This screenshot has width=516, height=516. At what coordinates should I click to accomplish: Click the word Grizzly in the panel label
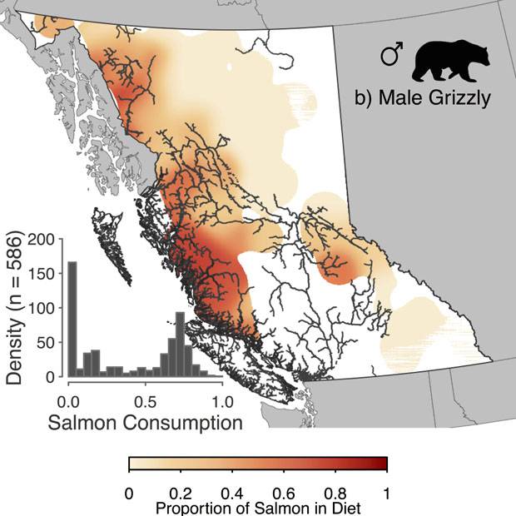(x=459, y=98)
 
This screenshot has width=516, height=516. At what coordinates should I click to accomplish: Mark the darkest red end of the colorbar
(x=384, y=464)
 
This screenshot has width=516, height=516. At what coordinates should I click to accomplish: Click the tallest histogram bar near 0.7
(x=179, y=345)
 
